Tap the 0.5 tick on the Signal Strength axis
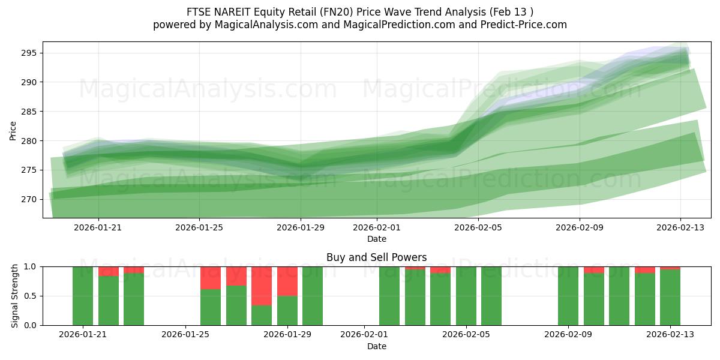[30, 296]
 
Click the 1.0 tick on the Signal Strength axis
[30, 266]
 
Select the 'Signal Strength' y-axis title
[15, 296]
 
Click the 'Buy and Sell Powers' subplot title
[376, 257]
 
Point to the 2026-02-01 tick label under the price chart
[376, 227]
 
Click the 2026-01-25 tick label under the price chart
[199, 227]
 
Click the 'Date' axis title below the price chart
[376, 239]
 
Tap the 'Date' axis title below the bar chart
[376, 346]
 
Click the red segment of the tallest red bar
[262, 286]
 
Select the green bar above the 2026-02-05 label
[466, 296]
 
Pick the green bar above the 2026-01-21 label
[83, 296]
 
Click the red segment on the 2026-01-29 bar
[287, 281]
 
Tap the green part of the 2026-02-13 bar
[670, 298]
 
